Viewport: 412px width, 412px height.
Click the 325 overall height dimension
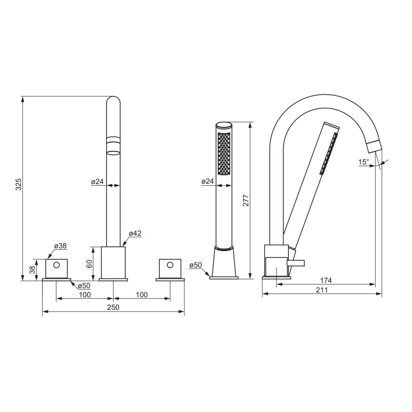19,185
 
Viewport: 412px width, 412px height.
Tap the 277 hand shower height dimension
246,201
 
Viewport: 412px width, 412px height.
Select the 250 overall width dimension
113,307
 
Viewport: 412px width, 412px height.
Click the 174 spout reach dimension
326,280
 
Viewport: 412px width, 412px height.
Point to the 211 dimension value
322,290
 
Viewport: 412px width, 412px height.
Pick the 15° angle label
364,162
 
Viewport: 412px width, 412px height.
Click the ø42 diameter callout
135,233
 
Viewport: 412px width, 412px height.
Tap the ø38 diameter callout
61,246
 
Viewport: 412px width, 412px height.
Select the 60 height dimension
89,264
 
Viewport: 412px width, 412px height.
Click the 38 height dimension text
32,269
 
